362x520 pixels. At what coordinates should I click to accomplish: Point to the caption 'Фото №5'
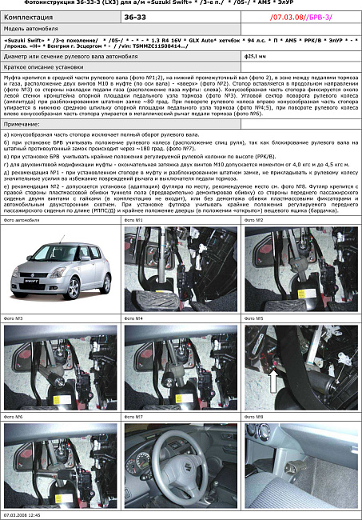pyautogui.click(x=254, y=318)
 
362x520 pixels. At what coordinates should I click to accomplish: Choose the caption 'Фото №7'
pyautogui.click(x=134, y=417)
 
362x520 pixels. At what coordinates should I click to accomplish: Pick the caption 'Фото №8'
pyautogui.click(x=254, y=417)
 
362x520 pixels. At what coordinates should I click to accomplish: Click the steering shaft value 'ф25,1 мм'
pyautogui.click(x=256, y=57)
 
